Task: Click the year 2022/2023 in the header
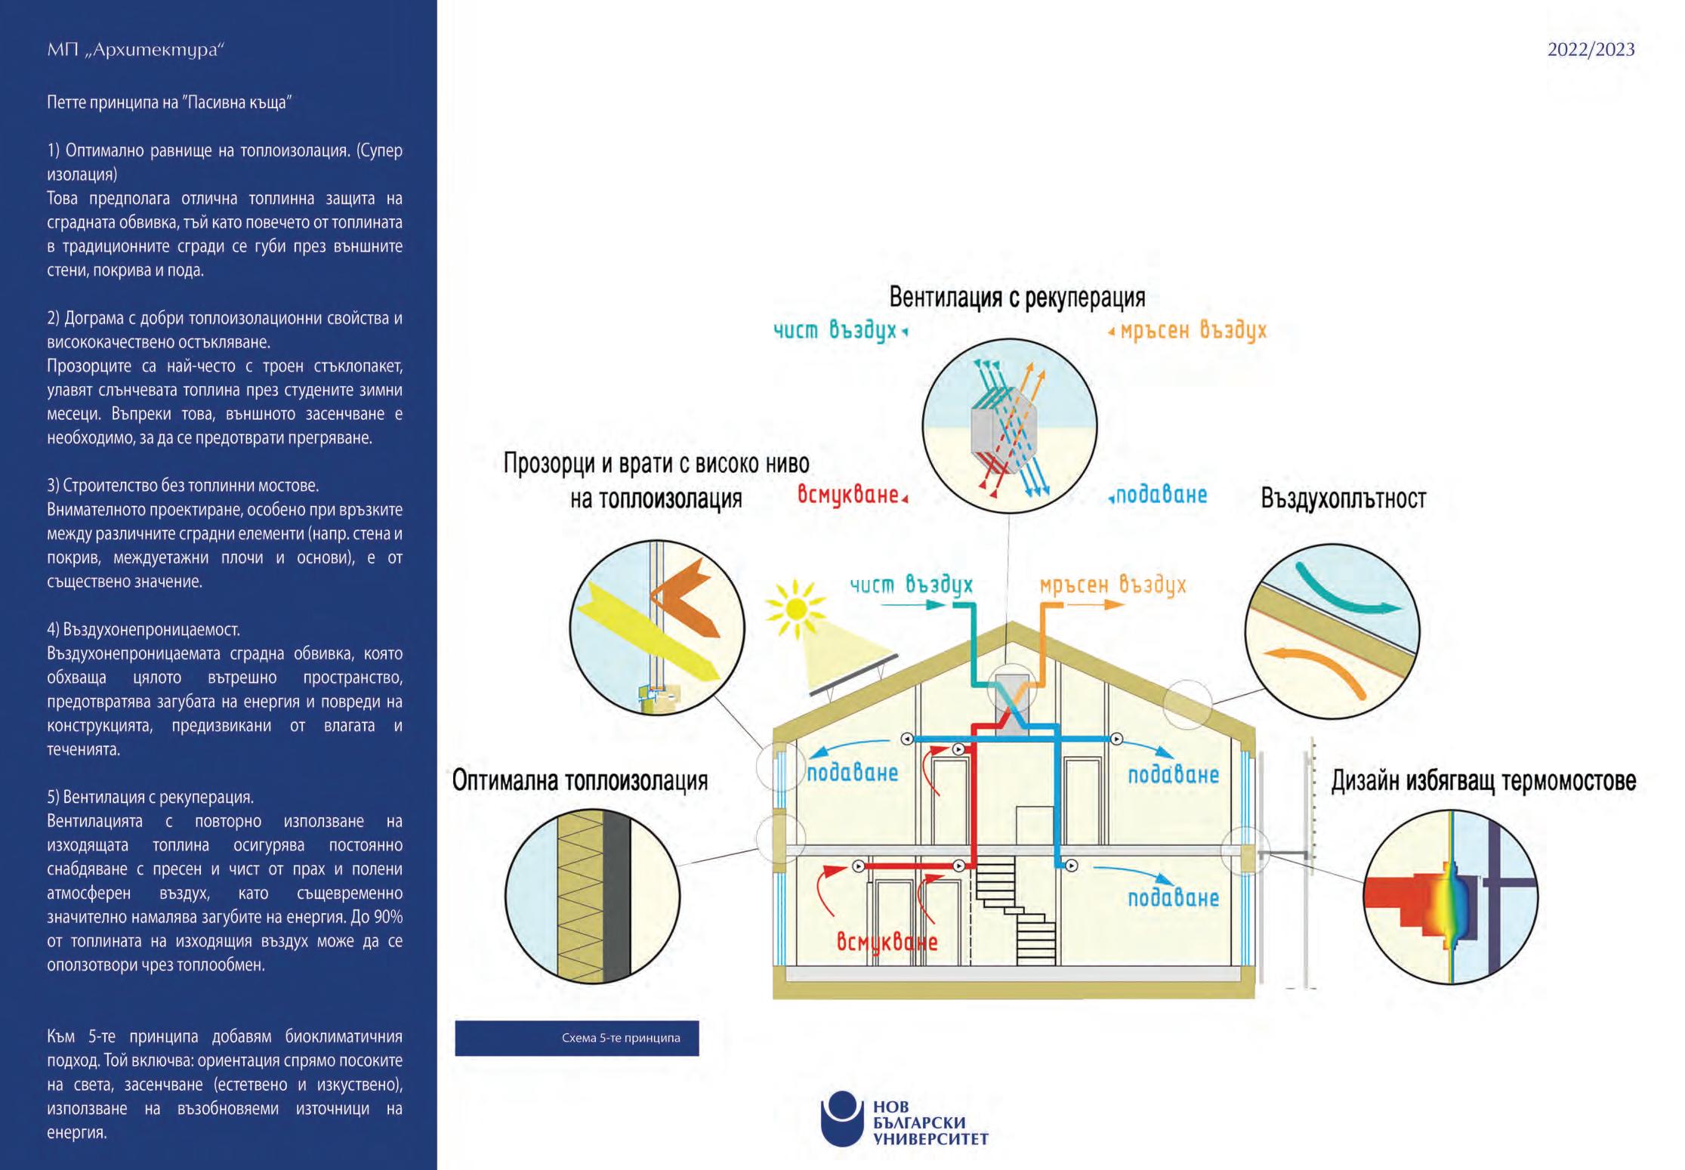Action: click(x=1591, y=50)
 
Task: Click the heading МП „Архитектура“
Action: click(x=136, y=50)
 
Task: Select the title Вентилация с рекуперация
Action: click(x=1017, y=297)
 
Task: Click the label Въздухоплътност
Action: click(x=1343, y=499)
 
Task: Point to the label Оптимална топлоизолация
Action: click(x=579, y=780)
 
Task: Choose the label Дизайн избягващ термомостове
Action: click(x=1483, y=780)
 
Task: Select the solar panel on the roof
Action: click(x=853, y=675)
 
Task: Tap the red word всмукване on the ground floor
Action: click(x=887, y=942)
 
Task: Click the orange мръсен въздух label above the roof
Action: click(x=1113, y=585)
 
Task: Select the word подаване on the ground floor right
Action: click(x=1173, y=898)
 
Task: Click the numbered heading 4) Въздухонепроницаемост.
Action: click(x=144, y=629)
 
